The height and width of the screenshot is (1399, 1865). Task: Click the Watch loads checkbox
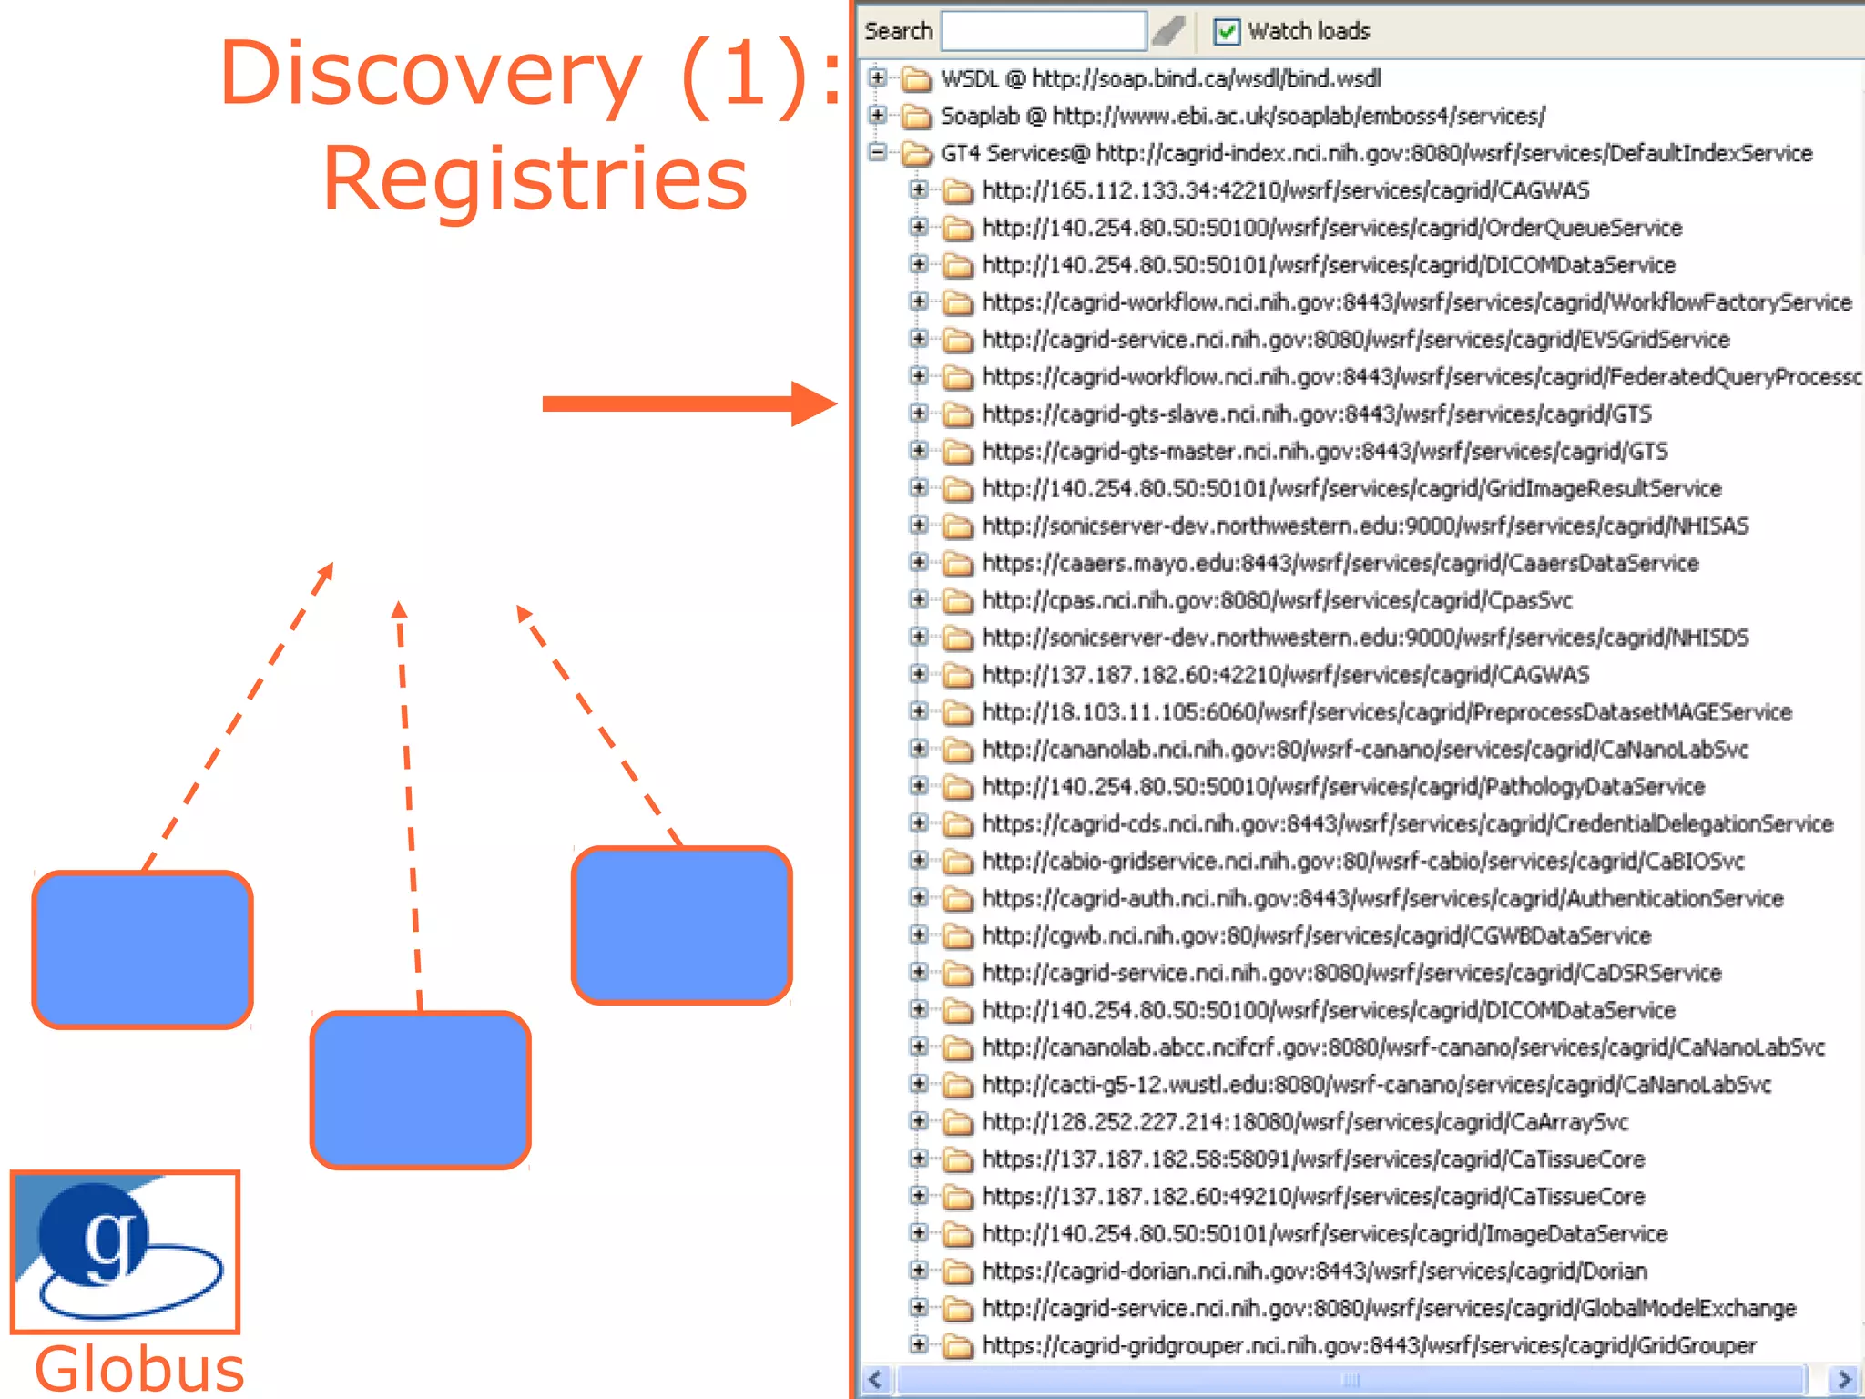coord(1227,32)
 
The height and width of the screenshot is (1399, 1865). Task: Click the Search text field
coord(1044,31)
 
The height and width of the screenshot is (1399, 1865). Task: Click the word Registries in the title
coord(535,179)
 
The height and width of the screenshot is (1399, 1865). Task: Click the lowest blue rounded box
coord(420,1089)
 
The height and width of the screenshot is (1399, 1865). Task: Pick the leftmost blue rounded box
coord(142,949)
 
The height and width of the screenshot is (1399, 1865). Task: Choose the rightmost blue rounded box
coord(681,924)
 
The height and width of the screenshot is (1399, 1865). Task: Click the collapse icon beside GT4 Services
coord(877,153)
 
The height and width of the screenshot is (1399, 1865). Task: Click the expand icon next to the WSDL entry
coord(877,78)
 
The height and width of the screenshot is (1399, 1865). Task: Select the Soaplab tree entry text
coord(1242,117)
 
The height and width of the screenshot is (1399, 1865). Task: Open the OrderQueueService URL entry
coord(1331,228)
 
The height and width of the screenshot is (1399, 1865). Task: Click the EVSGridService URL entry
coord(1355,340)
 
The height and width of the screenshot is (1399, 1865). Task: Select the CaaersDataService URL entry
coord(1340,564)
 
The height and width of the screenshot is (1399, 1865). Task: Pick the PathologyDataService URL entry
coord(1343,787)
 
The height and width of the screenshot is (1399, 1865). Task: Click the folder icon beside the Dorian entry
coord(957,1271)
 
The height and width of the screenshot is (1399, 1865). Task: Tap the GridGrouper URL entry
coord(1369,1346)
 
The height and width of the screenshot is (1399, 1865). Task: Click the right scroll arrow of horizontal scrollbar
coord(1844,1379)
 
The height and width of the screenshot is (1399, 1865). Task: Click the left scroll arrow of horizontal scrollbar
coord(876,1379)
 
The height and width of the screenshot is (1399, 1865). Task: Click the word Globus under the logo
coord(139,1369)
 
